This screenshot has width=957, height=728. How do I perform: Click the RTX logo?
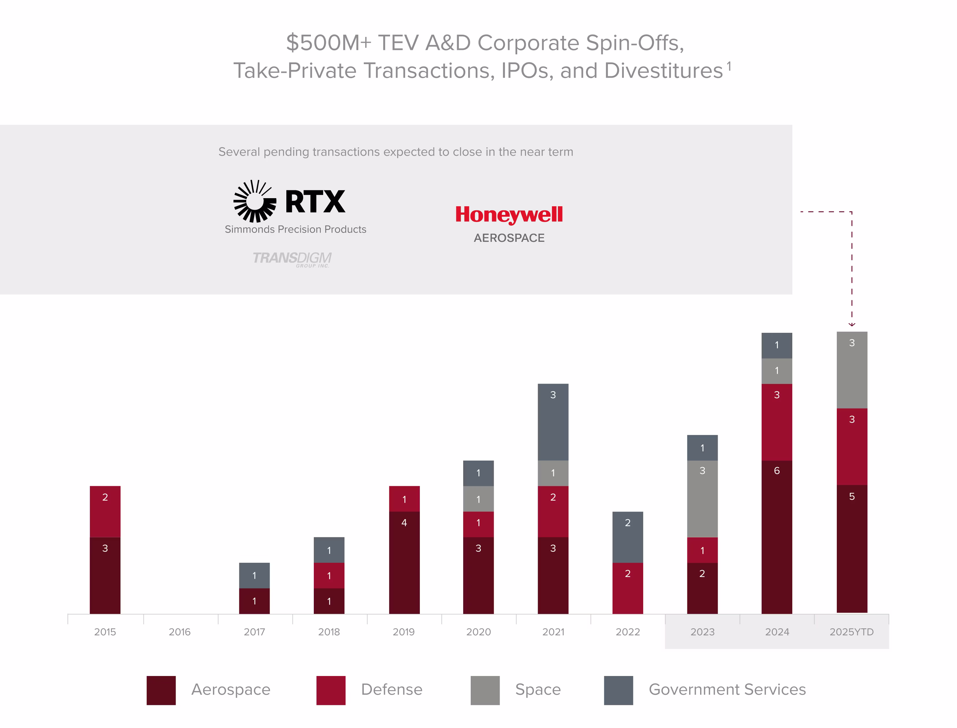[290, 202]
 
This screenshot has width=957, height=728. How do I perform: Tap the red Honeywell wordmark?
[509, 214]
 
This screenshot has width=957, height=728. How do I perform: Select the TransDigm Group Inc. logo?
[292, 259]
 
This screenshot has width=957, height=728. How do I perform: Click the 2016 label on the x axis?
[179, 632]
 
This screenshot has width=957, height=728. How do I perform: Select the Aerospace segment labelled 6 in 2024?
[777, 537]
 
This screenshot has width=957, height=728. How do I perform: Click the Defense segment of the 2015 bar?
[105, 511]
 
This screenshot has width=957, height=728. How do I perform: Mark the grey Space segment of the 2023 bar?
[702, 498]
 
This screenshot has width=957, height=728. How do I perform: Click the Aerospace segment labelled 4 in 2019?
[404, 562]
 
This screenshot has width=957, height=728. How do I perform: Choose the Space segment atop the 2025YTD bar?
[852, 370]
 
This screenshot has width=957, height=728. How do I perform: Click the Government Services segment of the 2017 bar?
[254, 575]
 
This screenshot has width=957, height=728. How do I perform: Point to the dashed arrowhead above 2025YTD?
[852, 324]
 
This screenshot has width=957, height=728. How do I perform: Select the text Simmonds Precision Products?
[295, 229]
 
